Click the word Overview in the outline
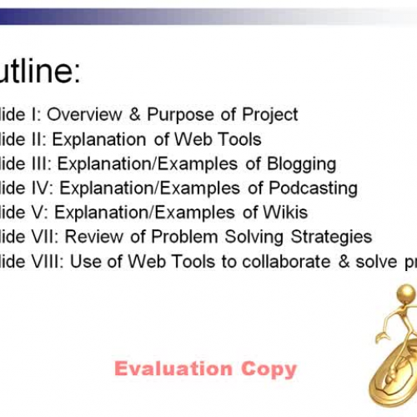pos(91,115)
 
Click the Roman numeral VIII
pos(48,262)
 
